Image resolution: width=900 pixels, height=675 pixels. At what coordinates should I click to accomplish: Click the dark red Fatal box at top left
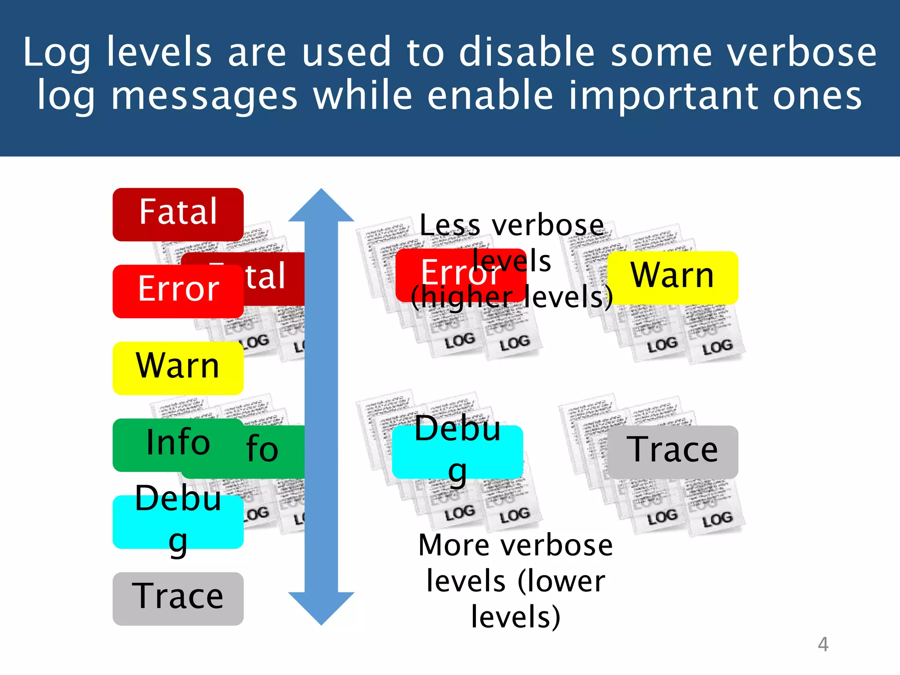tap(178, 214)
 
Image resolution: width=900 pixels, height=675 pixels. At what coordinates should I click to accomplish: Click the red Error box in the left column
tap(178, 291)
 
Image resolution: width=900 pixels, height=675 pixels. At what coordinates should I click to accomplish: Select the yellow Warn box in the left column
tap(178, 368)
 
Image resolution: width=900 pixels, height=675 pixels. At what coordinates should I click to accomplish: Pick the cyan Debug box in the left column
tap(178, 522)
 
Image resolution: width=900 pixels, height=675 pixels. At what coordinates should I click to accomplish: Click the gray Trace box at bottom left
tap(178, 599)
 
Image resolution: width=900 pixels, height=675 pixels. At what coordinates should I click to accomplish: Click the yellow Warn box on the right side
tap(672, 278)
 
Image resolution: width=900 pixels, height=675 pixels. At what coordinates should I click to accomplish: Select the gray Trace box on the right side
tap(672, 452)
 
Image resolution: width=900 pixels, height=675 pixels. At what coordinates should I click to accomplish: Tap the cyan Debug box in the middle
tap(457, 452)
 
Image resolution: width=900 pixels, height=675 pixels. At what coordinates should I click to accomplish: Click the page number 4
tap(823, 644)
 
